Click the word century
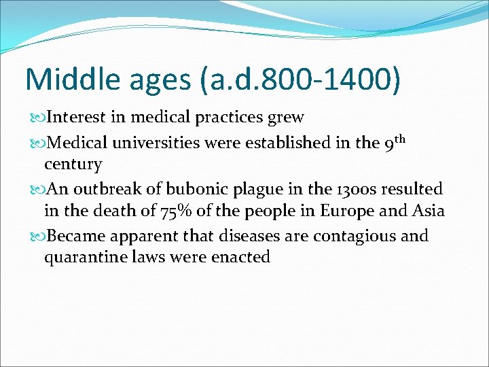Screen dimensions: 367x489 point(73,165)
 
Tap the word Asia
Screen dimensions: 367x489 point(427,211)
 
